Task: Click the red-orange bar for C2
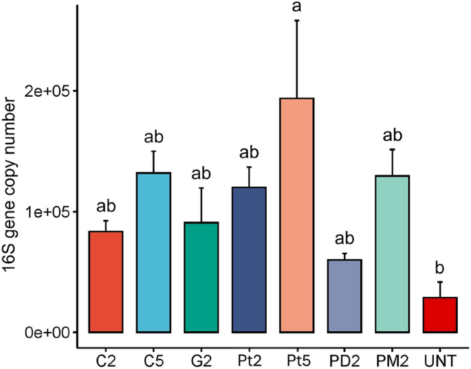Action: (x=106, y=282)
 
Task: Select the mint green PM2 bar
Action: (x=393, y=254)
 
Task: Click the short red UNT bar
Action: (x=440, y=315)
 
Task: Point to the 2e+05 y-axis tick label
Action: (x=50, y=91)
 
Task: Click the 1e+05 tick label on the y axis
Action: (x=50, y=212)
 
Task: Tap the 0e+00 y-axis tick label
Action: (x=50, y=333)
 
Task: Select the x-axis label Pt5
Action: (x=297, y=359)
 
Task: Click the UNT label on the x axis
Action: (x=440, y=359)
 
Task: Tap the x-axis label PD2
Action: (x=344, y=359)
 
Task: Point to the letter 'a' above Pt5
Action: (x=297, y=7)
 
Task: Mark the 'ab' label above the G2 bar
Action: (x=201, y=174)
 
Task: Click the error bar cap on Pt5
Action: (x=297, y=21)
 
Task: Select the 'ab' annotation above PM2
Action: (x=393, y=135)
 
